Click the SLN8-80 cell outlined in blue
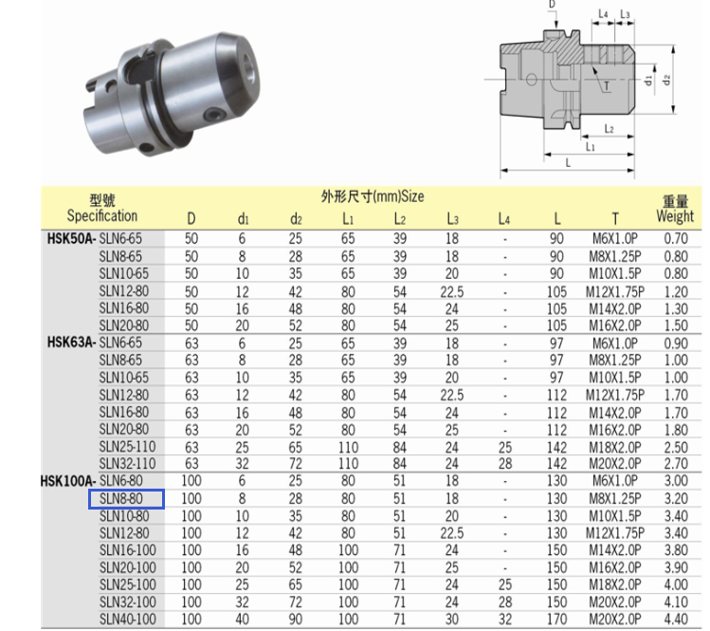pyautogui.click(x=126, y=499)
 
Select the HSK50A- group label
pyautogui.click(x=71, y=238)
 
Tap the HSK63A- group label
pyautogui.click(x=71, y=343)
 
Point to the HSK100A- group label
pyautogui.click(x=68, y=481)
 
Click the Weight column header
pyautogui.click(x=675, y=216)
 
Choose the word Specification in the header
pyautogui.click(x=101, y=215)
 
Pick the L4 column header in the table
pyautogui.click(x=504, y=219)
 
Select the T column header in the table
pyautogui.click(x=615, y=220)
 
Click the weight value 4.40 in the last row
pyautogui.click(x=676, y=620)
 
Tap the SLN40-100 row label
pyautogui.click(x=128, y=620)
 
